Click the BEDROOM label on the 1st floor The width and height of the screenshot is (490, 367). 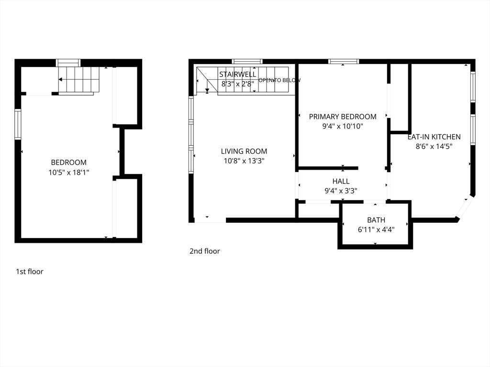[69, 162]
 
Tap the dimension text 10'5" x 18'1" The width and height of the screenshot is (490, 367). [69, 172]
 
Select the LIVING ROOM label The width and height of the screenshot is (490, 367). [244, 151]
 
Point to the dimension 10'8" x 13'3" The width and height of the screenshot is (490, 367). [244, 161]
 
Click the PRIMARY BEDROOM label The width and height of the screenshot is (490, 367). [343, 117]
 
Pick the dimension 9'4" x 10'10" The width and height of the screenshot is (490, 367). [343, 126]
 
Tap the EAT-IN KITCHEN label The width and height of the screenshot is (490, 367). [434, 137]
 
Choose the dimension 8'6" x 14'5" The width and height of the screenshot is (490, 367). [434, 146]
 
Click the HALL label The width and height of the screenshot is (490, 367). [341, 181]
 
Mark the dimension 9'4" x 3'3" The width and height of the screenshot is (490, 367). [341, 191]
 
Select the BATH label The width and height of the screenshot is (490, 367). [376, 220]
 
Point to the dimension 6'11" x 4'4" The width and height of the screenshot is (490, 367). [376, 230]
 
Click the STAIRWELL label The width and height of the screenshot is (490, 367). [238, 74]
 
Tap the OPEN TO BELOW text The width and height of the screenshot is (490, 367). [279, 80]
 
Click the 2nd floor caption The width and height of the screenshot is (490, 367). [205, 251]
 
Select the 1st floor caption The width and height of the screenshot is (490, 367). [30, 271]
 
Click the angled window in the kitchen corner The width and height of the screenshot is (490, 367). [463, 208]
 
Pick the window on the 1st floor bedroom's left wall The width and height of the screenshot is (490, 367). [18, 124]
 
